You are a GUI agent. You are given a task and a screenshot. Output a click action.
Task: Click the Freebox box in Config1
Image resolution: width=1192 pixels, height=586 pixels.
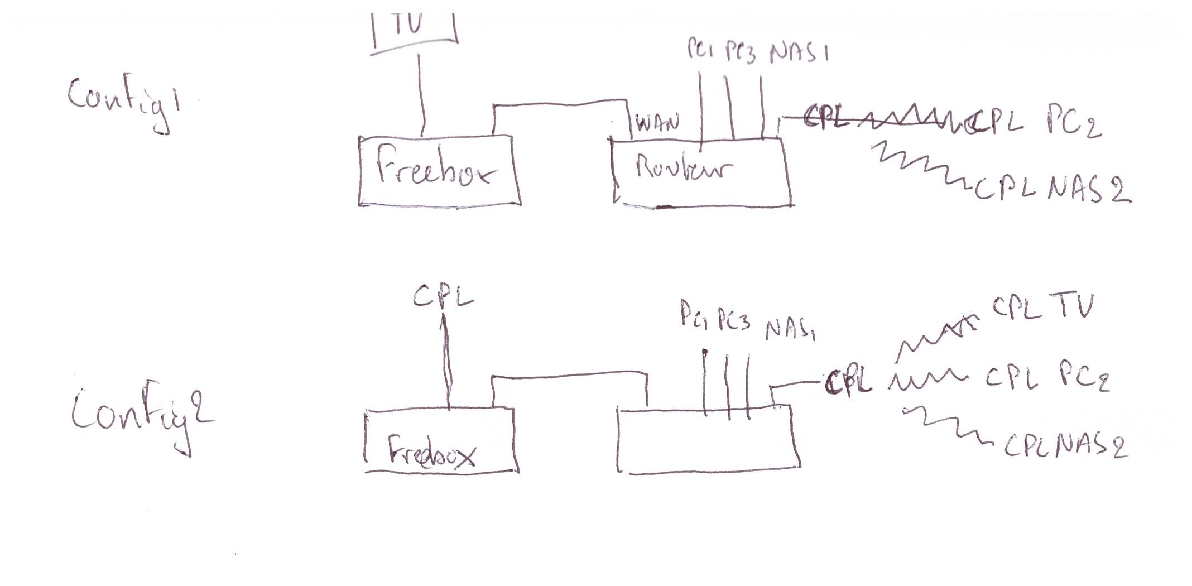pos(439,170)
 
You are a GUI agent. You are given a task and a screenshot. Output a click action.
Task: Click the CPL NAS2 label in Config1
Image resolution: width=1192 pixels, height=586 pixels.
pos(1052,190)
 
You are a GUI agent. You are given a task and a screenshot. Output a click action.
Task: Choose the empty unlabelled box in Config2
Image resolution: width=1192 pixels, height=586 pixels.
pos(709,441)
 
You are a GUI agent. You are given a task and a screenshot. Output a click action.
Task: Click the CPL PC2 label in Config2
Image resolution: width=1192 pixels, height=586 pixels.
pos(1046,380)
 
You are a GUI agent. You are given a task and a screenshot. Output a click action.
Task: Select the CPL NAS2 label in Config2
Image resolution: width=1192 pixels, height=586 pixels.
pos(1063,446)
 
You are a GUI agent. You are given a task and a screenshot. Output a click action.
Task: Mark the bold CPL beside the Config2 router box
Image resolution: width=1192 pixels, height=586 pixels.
pos(848,384)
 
